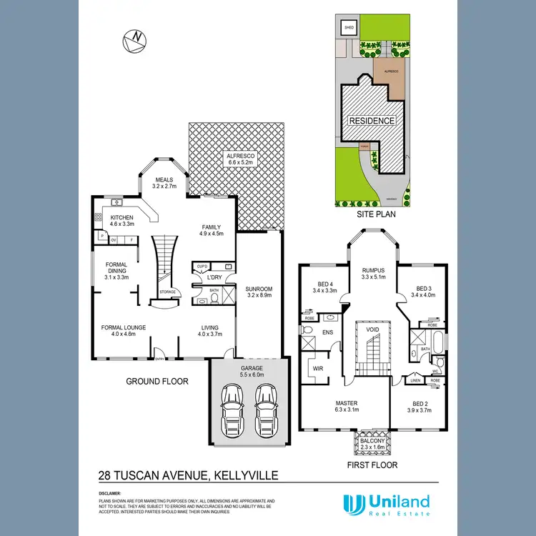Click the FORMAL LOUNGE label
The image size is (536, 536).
click(123, 327)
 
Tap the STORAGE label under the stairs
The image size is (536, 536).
click(167, 292)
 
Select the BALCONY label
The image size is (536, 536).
click(372, 440)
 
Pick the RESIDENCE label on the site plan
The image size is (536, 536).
click(372, 121)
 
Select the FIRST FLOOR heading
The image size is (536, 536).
click(372, 465)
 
